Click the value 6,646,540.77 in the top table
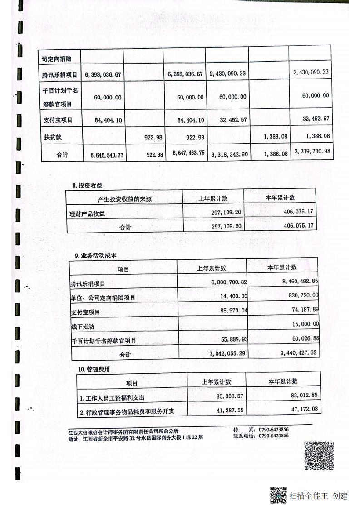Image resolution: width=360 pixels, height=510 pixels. (104, 155)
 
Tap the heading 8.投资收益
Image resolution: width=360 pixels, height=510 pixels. (87, 185)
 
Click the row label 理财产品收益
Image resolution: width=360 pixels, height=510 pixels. (89, 213)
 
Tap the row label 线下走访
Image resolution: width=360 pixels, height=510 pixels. (83, 327)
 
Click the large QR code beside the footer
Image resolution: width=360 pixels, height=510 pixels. (319, 456)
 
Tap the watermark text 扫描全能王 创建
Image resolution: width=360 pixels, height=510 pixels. (319, 496)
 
